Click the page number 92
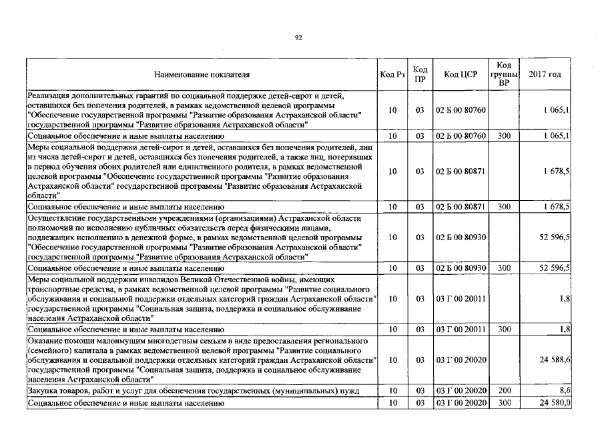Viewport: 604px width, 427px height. [298, 38]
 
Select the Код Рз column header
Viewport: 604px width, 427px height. [392, 74]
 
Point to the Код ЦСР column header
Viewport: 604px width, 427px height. [461, 74]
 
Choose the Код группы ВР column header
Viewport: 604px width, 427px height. [505, 74]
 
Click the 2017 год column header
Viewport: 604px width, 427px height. [545, 74]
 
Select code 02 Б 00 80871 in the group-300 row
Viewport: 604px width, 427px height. [461, 207]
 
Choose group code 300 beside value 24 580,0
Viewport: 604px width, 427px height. [504, 403]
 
